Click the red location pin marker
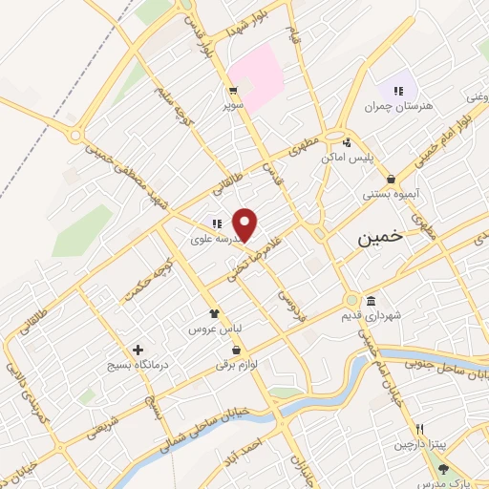[x=245, y=224]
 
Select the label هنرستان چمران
[x=398, y=106]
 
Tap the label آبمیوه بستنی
[x=388, y=194]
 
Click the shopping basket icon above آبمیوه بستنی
[x=391, y=178]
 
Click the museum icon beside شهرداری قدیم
[x=371, y=300]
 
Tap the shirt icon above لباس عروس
[x=215, y=311]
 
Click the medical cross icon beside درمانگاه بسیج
[x=139, y=350]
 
